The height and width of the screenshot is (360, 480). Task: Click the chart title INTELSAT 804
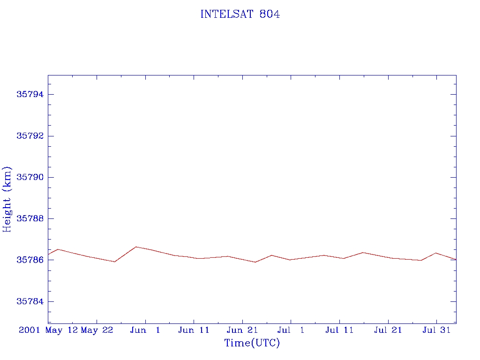tap(240, 15)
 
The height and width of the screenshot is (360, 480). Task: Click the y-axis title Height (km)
tap(7, 199)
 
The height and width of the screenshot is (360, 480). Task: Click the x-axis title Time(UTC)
tap(252, 343)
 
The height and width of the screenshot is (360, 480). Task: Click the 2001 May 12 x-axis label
tap(48, 330)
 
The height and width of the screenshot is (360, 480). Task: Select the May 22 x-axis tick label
tap(97, 330)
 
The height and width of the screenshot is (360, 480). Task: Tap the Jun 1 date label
tap(145, 330)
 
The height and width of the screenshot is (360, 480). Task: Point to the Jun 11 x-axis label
tap(194, 330)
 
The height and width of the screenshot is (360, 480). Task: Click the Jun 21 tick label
tap(242, 330)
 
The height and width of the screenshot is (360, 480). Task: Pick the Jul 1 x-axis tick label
tap(291, 330)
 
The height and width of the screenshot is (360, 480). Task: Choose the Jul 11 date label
tap(339, 330)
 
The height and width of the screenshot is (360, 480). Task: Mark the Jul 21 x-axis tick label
tap(388, 330)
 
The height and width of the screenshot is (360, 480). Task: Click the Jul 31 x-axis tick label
tap(436, 330)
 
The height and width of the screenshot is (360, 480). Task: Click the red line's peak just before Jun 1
tap(135, 247)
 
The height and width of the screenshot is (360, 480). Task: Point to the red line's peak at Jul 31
tap(436, 253)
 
